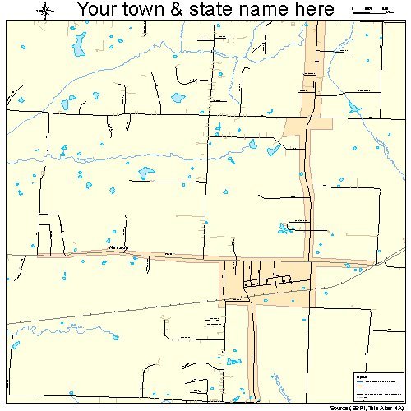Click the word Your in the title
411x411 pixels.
[100, 10]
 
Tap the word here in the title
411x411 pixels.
[316, 10]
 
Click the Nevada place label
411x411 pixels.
[118, 247]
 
